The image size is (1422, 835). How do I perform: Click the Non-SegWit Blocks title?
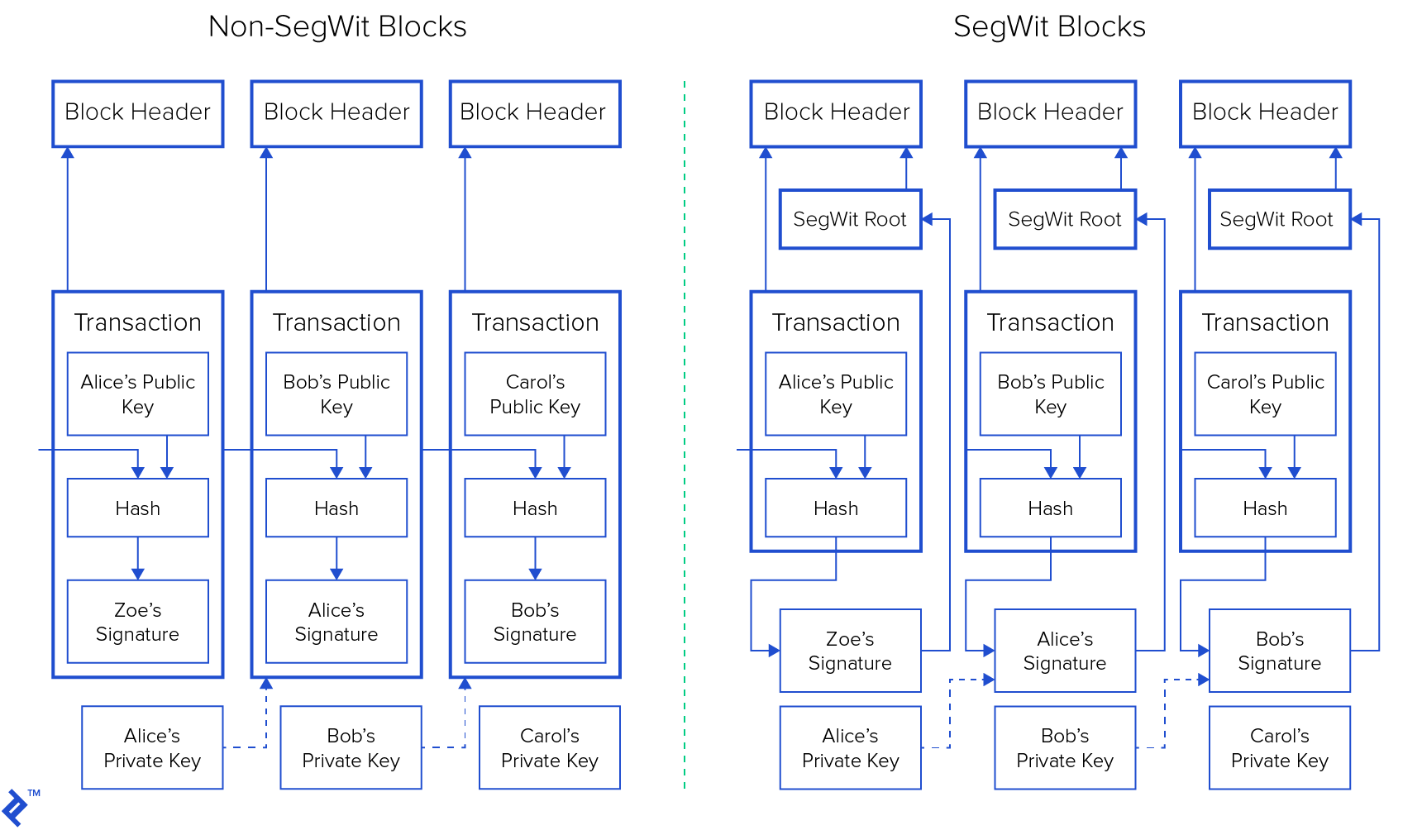[337, 26]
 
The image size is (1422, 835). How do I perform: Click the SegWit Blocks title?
[1049, 26]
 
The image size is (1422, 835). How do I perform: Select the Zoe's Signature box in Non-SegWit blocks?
[137, 622]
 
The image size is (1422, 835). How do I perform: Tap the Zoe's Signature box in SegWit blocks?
[850, 651]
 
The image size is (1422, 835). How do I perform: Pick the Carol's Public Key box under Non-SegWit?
[535, 394]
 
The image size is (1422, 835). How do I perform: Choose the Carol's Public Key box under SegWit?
[1265, 394]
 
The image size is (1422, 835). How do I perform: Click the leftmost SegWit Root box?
[850, 219]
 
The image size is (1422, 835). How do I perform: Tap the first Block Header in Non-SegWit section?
[137, 113]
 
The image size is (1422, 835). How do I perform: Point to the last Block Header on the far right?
[1265, 113]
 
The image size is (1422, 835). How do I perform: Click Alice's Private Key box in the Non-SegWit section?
[152, 747]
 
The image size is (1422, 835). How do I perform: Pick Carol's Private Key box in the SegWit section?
[1279, 747]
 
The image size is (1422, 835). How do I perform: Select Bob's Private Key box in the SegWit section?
[1065, 747]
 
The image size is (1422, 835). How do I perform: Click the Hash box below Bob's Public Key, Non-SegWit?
[336, 508]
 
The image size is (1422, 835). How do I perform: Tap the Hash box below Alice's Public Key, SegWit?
[836, 508]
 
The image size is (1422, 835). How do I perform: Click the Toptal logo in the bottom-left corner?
[14, 808]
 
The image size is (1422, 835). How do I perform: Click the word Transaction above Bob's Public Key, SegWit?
[1050, 322]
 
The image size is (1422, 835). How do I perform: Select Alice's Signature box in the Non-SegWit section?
[336, 622]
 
